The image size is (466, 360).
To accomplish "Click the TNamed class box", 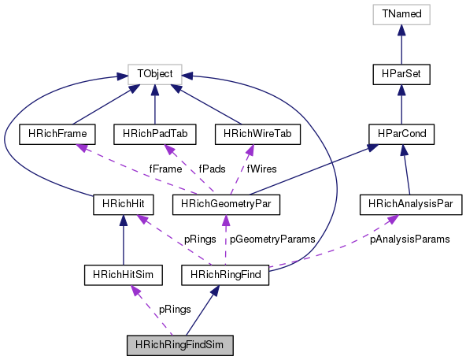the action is pyautogui.click(x=401, y=14).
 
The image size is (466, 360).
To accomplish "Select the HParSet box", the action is pyautogui.click(x=401, y=74).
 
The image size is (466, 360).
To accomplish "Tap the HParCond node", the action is pyautogui.click(x=401, y=134).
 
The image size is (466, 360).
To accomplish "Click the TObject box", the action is pyautogui.click(x=155, y=74).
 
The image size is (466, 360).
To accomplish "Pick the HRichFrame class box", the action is pyautogui.click(x=57, y=134).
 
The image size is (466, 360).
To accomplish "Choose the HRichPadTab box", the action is pyautogui.click(x=155, y=134).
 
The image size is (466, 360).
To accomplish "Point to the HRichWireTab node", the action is pyautogui.click(x=257, y=134).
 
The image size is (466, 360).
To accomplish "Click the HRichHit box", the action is pyautogui.click(x=124, y=204).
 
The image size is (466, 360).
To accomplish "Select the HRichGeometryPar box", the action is pyautogui.click(x=226, y=204).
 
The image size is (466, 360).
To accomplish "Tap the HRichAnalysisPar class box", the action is pyautogui.click(x=411, y=204).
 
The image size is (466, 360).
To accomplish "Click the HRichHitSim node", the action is pyautogui.click(x=124, y=275).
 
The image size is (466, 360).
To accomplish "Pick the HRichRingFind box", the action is pyautogui.click(x=225, y=275).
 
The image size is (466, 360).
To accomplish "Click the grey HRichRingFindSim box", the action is pyautogui.click(x=180, y=345).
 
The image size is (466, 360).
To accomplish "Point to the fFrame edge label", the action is pyautogui.click(x=165, y=169).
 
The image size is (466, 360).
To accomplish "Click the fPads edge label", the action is pyautogui.click(x=213, y=169).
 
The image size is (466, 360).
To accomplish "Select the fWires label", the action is pyautogui.click(x=262, y=169).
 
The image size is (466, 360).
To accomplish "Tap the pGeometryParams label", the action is pyautogui.click(x=272, y=239).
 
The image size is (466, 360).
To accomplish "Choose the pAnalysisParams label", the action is pyautogui.click(x=410, y=239).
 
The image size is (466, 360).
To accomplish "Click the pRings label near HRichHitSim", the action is pyautogui.click(x=175, y=310).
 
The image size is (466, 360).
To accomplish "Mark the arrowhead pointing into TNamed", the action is pyautogui.click(x=401, y=30).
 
